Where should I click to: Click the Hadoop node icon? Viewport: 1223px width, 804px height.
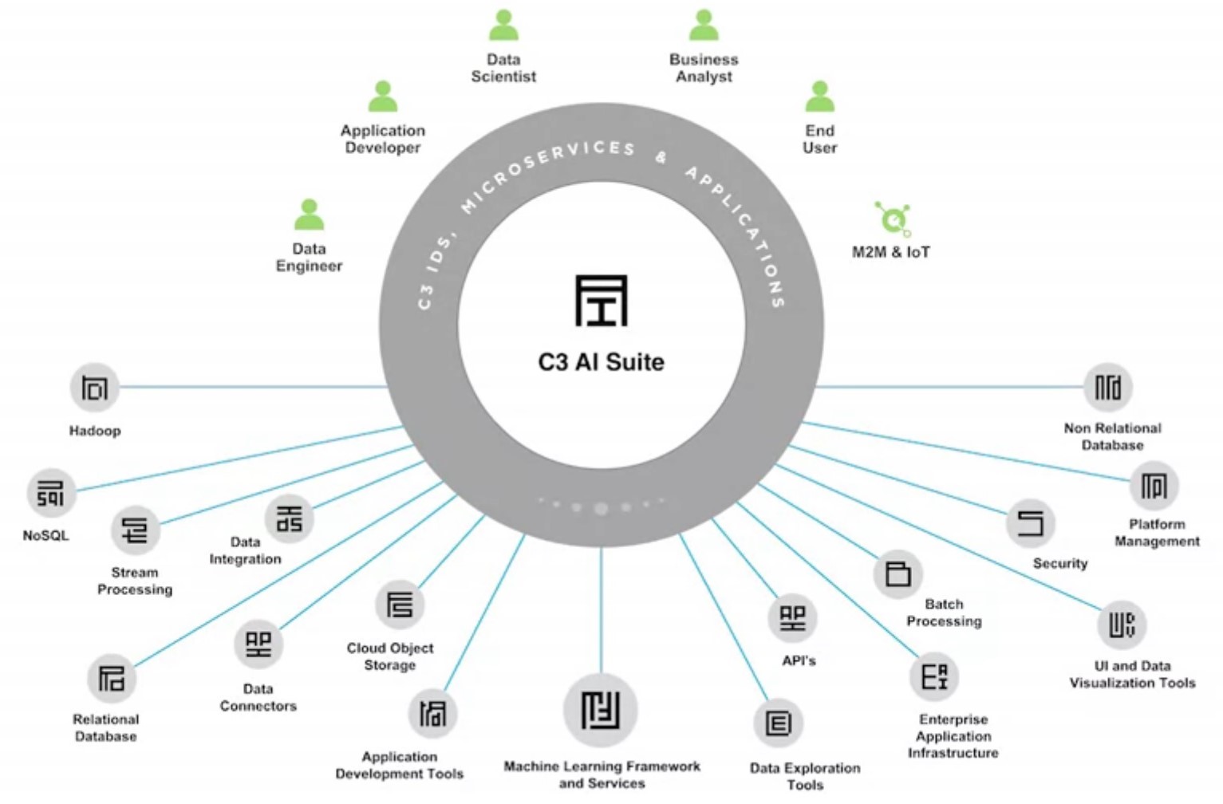coord(94,388)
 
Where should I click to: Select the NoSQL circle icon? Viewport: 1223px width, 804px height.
coord(51,493)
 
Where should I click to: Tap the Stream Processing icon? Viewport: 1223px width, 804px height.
coord(135,530)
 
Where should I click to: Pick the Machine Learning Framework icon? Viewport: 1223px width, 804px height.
coord(600,710)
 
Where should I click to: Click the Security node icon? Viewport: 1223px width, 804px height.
coord(1031,523)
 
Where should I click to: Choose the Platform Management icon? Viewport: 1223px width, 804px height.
coord(1154,486)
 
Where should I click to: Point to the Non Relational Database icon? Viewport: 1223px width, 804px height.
coord(1107,388)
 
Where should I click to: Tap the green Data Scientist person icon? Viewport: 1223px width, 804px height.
coord(503,26)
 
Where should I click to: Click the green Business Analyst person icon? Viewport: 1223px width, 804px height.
coord(704,26)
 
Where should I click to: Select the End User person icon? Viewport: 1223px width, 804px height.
coord(819,97)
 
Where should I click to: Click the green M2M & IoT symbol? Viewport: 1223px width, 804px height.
coord(893,218)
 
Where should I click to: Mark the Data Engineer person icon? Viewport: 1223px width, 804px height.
coord(309,215)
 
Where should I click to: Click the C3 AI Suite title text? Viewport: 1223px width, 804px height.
coord(601,362)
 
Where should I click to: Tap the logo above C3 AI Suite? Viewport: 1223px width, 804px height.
coord(602,301)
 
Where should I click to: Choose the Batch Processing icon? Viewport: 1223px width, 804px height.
coord(898,573)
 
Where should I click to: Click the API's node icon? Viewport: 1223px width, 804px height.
coord(792,618)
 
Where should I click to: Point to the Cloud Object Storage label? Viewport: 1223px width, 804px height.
coord(390,656)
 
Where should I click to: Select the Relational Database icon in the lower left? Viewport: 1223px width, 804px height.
coord(111,679)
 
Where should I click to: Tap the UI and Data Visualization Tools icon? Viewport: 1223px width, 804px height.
coord(1121,625)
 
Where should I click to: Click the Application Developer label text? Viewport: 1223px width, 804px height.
coord(383,139)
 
